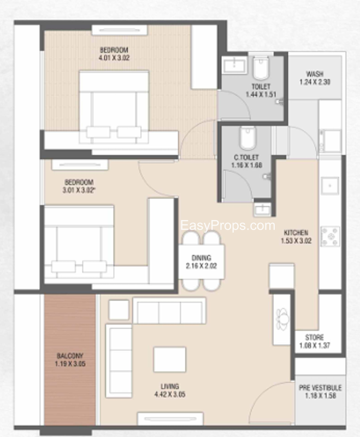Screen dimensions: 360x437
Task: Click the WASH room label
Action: click(315, 74)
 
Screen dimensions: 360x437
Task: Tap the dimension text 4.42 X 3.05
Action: click(170, 394)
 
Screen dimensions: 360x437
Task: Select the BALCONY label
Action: click(70, 356)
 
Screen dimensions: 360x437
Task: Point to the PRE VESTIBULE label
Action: click(320, 388)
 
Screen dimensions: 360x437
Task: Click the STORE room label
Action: click(315, 338)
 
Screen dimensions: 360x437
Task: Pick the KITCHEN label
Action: click(296, 233)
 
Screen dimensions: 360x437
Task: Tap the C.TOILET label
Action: click(246, 157)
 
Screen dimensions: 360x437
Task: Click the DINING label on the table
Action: click(201, 258)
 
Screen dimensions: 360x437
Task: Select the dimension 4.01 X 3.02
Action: click(114, 58)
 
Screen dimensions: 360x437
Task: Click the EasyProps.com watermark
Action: click(228, 225)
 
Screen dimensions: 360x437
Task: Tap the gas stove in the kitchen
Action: click(330, 237)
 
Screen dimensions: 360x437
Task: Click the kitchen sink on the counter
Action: click(330, 185)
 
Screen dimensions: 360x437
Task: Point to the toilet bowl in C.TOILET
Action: click(247, 138)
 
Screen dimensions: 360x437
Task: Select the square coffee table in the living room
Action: click(170, 359)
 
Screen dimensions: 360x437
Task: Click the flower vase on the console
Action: click(282, 320)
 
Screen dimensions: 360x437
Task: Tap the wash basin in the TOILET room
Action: click(234, 66)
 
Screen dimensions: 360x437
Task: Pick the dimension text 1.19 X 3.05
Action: click(70, 364)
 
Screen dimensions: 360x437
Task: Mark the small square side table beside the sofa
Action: click(119, 310)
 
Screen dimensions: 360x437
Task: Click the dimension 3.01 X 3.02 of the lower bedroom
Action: click(79, 190)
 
